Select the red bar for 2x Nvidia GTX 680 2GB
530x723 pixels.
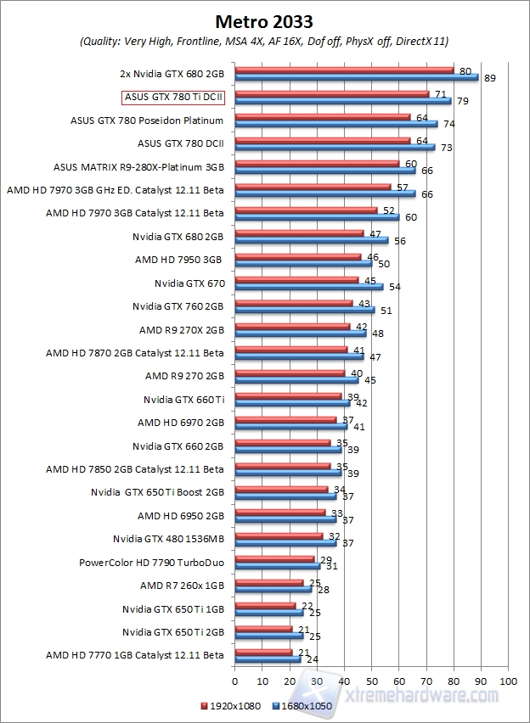click(x=344, y=70)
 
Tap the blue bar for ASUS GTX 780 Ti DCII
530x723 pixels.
click(x=342, y=101)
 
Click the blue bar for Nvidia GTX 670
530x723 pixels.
click(x=308, y=287)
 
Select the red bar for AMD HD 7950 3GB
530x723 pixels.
click(x=297, y=256)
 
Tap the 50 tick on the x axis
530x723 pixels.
click(x=371, y=681)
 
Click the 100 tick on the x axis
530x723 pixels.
click(x=508, y=681)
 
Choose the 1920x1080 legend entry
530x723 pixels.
click(x=231, y=705)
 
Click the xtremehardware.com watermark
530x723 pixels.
click(x=425, y=695)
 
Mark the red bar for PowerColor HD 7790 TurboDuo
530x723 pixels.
click(x=274, y=558)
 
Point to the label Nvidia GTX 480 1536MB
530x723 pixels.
click(x=168, y=538)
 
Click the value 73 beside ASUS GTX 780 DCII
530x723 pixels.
click(x=444, y=148)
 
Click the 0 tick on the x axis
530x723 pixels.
click(x=234, y=681)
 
